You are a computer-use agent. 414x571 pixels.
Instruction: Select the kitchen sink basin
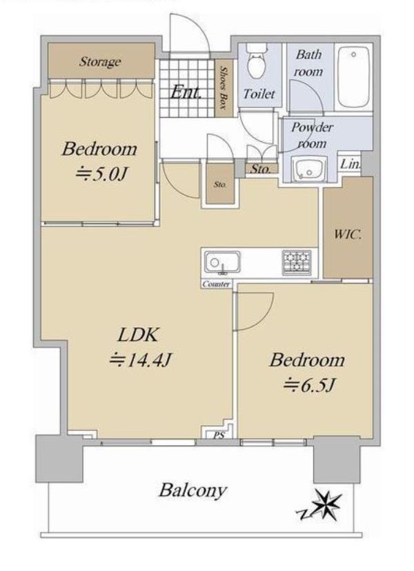(222, 262)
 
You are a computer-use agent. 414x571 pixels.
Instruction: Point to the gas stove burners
(297, 262)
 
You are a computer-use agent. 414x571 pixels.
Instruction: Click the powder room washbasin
(310, 170)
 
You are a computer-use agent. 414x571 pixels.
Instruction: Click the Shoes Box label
(223, 88)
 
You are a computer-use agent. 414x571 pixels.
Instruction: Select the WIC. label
(348, 233)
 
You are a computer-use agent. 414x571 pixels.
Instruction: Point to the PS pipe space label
(219, 435)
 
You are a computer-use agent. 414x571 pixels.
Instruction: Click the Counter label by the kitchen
(216, 284)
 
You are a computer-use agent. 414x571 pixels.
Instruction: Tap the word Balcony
(193, 491)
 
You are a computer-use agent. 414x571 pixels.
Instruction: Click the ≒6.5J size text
(309, 385)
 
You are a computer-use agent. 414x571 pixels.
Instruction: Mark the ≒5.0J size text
(101, 175)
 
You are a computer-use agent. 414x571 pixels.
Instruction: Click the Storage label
(100, 61)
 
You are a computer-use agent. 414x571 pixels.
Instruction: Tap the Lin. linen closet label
(350, 164)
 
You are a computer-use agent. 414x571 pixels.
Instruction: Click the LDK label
(138, 335)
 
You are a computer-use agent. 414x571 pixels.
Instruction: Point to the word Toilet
(259, 94)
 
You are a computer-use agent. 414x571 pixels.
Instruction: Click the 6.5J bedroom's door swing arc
(264, 318)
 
